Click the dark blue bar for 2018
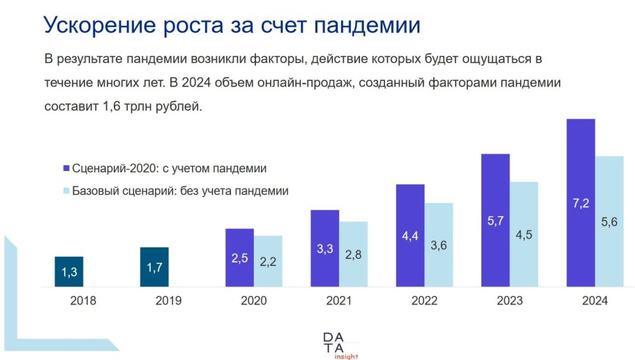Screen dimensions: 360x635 pos(69,271)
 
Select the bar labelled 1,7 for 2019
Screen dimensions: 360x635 pos(154,267)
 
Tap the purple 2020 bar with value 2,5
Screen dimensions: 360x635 pos(239,257)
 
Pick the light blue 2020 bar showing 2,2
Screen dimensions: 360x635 pos(268,261)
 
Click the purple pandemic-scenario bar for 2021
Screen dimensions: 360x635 pos(324,248)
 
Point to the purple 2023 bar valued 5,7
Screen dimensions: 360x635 pos(495,220)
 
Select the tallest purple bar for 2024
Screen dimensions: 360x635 pos(581,202)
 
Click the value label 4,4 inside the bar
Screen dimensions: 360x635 pos(410,236)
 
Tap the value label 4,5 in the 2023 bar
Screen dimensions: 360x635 pos(524,234)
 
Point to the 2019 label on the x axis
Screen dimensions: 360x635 pos(169,301)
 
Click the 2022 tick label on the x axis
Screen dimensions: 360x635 pos(424,301)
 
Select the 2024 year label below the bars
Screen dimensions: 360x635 pos(595,301)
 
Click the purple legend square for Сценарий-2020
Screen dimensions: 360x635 pos(66,168)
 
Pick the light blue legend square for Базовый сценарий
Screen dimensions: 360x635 pos(66,190)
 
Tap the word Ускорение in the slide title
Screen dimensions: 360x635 pos(101,25)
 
